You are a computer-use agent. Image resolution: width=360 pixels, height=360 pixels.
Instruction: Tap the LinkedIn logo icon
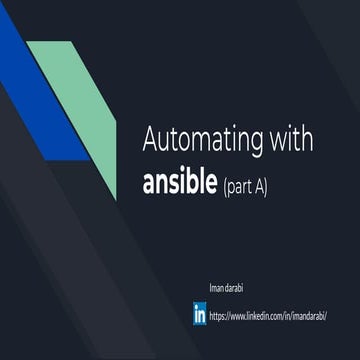(200, 314)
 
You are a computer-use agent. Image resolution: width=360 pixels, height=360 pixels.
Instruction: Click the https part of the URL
(219, 315)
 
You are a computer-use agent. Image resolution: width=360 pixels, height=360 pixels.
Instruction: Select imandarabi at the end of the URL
(311, 315)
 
